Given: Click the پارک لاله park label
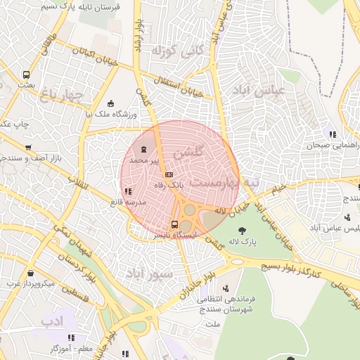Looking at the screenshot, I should click(x=243, y=243).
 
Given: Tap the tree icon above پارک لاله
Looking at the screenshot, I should click(x=243, y=230).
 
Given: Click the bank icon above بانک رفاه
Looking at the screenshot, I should click(x=168, y=174).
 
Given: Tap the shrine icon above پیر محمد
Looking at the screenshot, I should click(x=145, y=149).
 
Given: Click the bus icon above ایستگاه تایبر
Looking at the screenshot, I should click(x=174, y=224).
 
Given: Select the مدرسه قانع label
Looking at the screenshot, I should click(x=127, y=202).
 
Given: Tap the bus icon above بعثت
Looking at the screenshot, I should click(x=26, y=74).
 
